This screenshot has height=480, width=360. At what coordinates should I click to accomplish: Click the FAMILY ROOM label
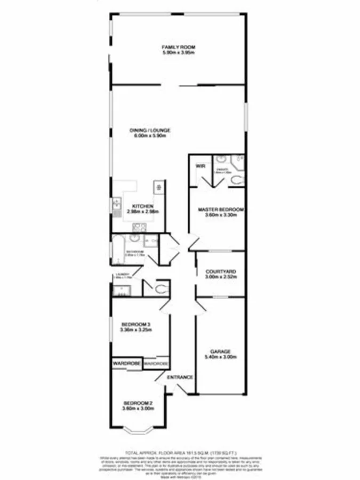(x=179, y=48)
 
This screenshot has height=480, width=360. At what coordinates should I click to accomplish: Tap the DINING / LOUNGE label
(x=151, y=131)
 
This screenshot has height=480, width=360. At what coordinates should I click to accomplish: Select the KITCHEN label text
(x=143, y=206)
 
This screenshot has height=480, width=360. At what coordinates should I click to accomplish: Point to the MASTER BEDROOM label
(x=220, y=210)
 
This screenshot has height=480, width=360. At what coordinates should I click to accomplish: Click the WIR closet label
(x=201, y=166)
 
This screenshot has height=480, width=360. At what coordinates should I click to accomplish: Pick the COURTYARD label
(x=221, y=272)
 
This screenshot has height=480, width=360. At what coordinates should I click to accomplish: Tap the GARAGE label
(x=220, y=351)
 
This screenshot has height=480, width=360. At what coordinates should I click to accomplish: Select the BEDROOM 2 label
(x=138, y=403)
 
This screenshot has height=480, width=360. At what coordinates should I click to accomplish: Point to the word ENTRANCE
(x=180, y=378)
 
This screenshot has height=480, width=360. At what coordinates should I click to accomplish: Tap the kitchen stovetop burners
(x=158, y=187)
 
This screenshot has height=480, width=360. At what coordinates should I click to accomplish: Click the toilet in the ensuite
(x=238, y=179)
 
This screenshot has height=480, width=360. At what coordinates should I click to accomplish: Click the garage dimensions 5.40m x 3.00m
(x=220, y=357)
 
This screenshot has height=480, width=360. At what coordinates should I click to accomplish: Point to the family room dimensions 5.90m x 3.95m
(x=179, y=53)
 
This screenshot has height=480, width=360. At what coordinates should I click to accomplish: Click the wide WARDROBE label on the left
(x=126, y=363)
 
